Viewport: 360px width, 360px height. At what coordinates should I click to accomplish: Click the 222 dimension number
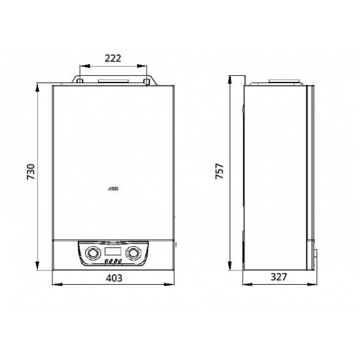[x=113, y=58]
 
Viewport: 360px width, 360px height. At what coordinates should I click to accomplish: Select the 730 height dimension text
[x=30, y=171]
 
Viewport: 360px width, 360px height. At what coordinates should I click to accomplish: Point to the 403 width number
[x=114, y=278]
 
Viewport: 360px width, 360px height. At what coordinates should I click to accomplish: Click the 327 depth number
[x=279, y=278]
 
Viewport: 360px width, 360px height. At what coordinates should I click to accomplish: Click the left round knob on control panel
[x=91, y=252]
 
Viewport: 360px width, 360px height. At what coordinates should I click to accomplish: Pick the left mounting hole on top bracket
[x=79, y=81]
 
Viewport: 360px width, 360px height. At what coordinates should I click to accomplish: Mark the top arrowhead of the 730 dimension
[x=39, y=86]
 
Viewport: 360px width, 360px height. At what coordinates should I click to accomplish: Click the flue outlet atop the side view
[x=277, y=82]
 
